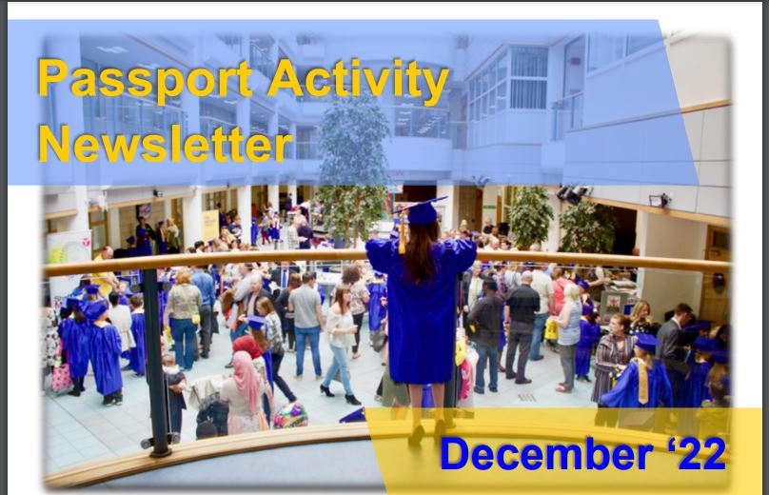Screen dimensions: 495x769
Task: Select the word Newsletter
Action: point(166,145)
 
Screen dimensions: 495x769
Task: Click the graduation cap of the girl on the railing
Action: point(421,210)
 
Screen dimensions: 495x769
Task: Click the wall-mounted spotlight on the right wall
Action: point(657,200)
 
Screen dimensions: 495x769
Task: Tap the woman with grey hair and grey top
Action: point(569,324)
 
